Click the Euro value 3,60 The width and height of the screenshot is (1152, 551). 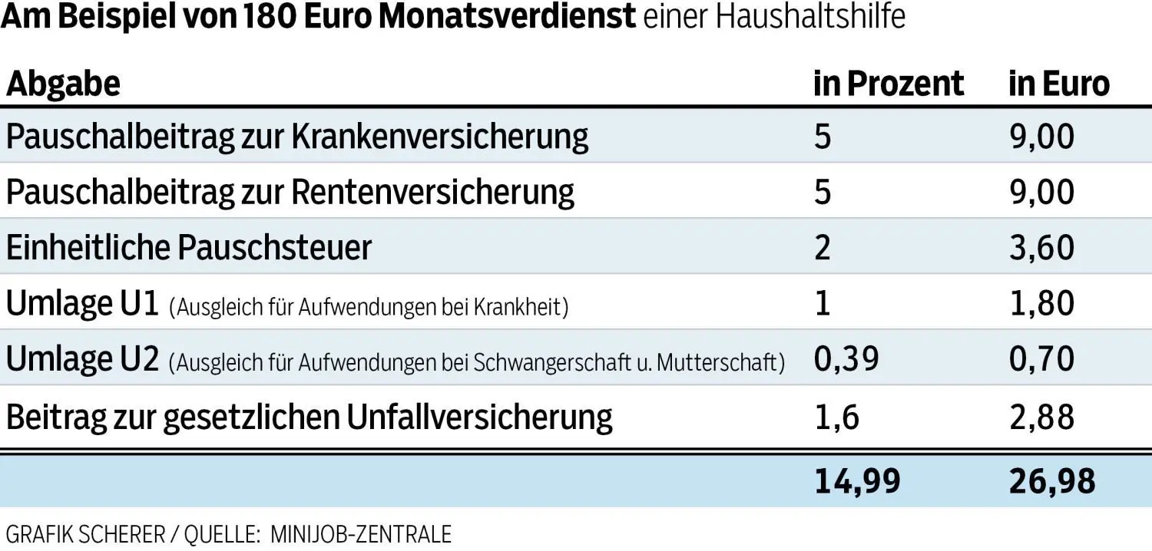pos(1041,248)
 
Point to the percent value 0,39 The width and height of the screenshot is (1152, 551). pos(846,359)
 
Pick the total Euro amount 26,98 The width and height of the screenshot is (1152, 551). pos(1051,481)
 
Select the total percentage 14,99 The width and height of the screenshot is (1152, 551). pos(857,481)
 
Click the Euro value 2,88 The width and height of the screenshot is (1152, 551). pos(1041,416)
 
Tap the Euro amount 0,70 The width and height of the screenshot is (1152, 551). pos(1041,359)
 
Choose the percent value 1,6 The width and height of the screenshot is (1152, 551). pos(836,416)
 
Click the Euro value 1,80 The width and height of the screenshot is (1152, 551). pos(1041,304)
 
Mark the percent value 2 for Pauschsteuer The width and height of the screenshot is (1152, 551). pos(822,248)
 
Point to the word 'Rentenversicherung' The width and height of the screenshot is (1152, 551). pos(433,192)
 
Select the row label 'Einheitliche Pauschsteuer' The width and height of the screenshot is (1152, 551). pos(189,248)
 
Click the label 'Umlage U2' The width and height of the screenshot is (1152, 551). pos(82,359)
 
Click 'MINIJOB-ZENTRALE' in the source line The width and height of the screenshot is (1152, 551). pos(361,533)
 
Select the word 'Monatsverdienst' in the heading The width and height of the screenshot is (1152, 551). pos(508,17)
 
